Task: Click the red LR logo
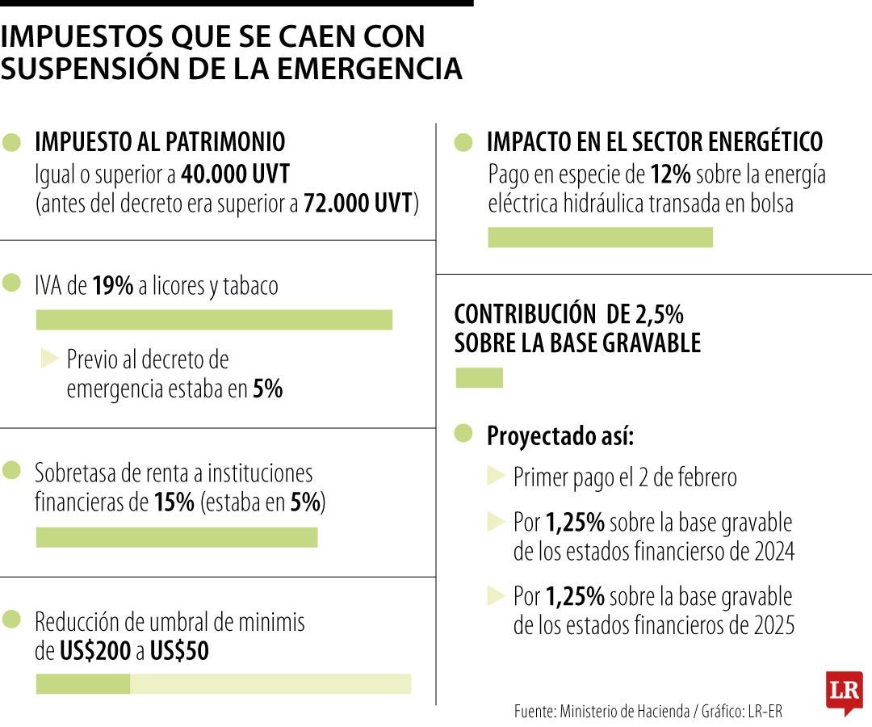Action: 844,691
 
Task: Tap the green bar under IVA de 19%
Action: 214,320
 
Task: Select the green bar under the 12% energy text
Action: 600,237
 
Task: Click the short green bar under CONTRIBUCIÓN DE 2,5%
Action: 479,378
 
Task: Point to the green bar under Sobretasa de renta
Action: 177,538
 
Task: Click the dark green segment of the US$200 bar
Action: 82,684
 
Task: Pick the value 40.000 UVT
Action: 236,174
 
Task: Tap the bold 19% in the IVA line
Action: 112,286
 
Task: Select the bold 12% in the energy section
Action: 670,174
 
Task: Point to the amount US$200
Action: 95,651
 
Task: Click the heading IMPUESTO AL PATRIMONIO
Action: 160,142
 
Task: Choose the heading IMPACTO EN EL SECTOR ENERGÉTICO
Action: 654,142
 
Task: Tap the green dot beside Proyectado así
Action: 463,434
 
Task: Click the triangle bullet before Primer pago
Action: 495,477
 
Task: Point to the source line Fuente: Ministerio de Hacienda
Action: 648,712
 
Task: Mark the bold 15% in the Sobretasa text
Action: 174,502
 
